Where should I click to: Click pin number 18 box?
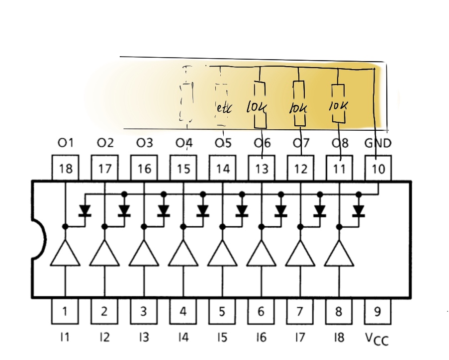(65, 169)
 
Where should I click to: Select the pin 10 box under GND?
(378, 169)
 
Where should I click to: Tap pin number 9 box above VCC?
(378, 311)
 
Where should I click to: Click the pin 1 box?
(65, 311)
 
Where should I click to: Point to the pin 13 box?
(262, 169)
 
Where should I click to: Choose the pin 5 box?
(222, 311)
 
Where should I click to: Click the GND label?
(378, 143)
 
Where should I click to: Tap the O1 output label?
(65, 143)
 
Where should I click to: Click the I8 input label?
(339, 338)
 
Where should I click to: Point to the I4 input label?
(182, 338)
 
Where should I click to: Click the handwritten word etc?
(224, 108)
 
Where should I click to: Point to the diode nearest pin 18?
(85, 211)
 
